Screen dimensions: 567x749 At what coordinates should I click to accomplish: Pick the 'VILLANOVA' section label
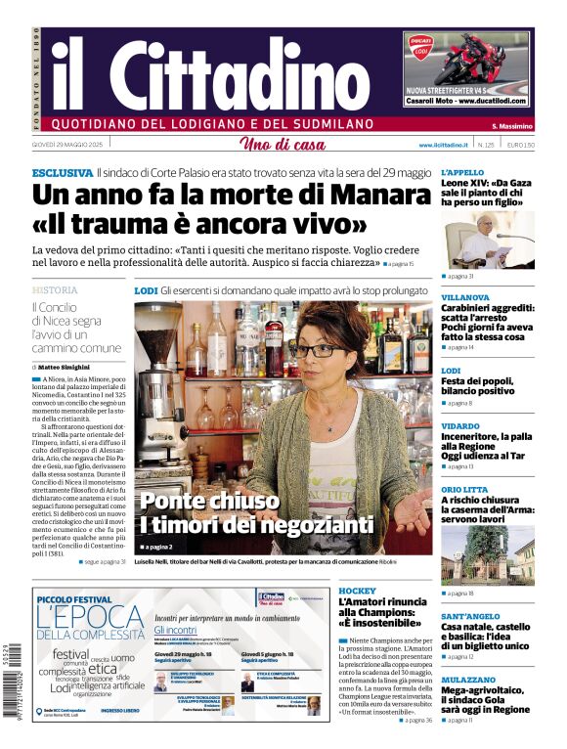(x=465, y=297)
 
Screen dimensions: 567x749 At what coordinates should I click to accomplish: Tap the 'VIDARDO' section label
(x=460, y=426)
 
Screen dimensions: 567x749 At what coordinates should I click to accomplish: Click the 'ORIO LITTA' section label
(x=464, y=489)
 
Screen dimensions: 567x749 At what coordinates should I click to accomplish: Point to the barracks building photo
(x=486, y=554)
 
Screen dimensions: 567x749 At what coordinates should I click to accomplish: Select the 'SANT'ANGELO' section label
(x=470, y=616)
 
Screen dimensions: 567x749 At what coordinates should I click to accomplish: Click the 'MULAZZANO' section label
(x=468, y=679)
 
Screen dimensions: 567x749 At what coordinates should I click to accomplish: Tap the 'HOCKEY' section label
(x=357, y=592)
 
